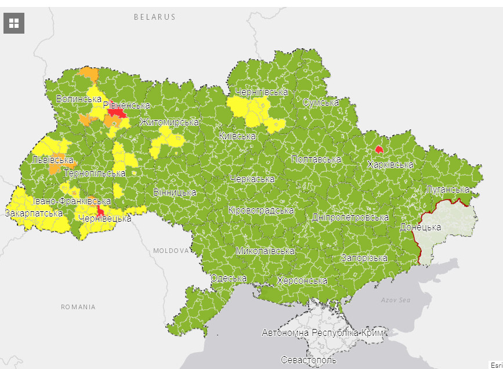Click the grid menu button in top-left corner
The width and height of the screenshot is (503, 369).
tap(14, 23)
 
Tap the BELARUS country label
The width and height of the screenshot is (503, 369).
tap(154, 17)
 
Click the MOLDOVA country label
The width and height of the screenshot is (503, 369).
tap(171, 251)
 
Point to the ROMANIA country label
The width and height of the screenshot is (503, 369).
tap(78, 306)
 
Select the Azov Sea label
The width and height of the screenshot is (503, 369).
tap(396, 300)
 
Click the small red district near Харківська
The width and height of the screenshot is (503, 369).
tap(379, 149)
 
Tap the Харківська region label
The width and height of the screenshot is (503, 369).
tap(390, 165)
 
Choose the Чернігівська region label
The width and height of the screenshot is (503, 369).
tap(262, 92)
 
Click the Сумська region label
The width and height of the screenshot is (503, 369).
tap(321, 103)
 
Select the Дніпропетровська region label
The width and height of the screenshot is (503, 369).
tap(350, 218)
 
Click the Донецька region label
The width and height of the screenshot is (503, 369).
tap(420, 227)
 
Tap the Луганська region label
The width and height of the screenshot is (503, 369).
tap(447, 190)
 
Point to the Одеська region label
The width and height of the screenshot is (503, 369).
tap(229, 278)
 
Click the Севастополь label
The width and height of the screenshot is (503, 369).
tap(308, 360)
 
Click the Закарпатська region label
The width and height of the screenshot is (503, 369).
tap(34, 214)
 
